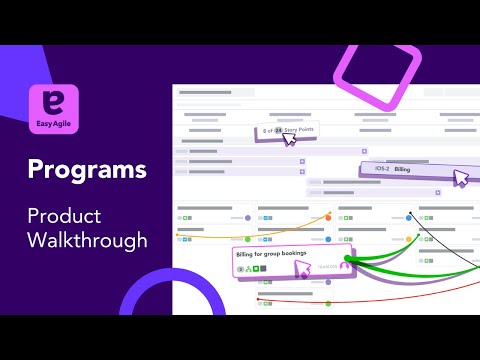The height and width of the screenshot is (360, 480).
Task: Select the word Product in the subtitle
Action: (x=64, y=215)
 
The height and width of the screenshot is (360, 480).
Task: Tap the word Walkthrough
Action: (x=88, y=240)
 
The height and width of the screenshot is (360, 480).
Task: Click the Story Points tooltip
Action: (x=279, y=131)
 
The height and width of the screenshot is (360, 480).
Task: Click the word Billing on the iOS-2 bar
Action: (x=402, y=170)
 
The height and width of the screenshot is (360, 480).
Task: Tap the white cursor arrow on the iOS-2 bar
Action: (x=461, y=178)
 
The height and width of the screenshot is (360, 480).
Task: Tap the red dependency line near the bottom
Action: (x=300, y=302)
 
